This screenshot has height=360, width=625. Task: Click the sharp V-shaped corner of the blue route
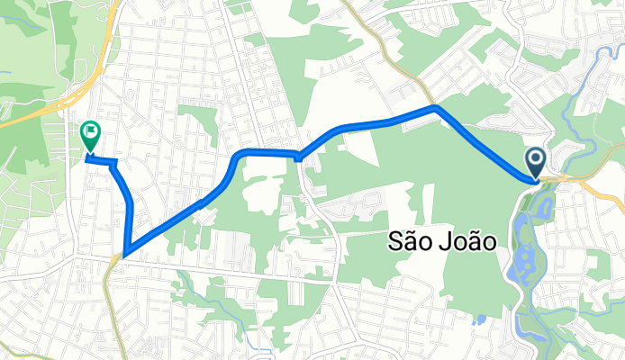(x=123, y=255)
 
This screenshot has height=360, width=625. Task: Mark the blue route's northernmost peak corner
(x=436, y=107)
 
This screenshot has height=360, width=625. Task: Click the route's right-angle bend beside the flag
(x=115, y=161)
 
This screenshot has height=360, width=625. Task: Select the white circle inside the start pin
(x=535, y=160)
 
